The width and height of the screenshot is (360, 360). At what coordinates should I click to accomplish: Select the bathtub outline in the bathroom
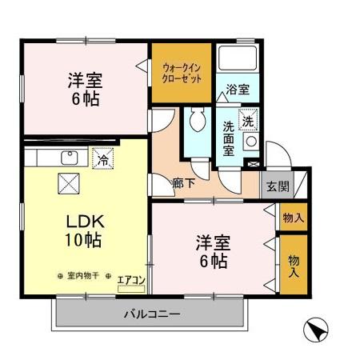coord(237,61)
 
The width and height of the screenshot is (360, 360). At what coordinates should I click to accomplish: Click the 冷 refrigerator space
coord(102,160)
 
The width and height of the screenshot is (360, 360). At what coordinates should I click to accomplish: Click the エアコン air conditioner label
coord(130,280)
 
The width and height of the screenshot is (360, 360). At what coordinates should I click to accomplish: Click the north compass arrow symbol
coord(317,329)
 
